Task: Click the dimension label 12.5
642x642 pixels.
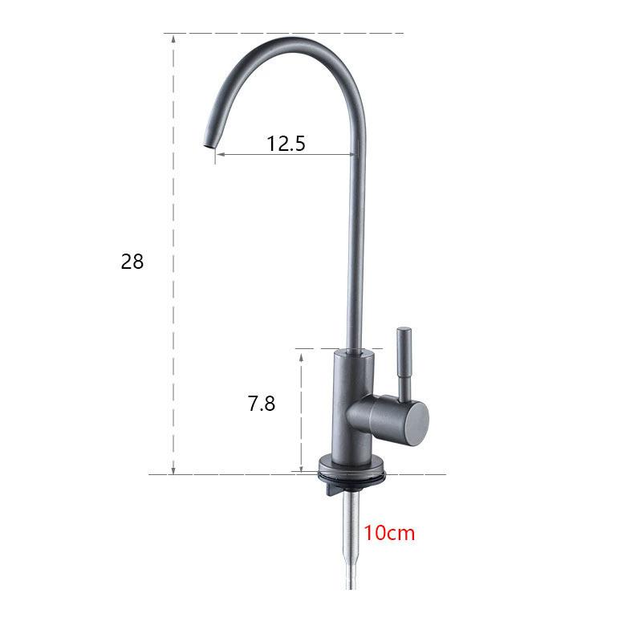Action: [286, 144]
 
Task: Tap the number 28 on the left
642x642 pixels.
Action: [132, 262]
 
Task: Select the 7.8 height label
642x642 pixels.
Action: [261, 404]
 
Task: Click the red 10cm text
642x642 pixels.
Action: [390, 533]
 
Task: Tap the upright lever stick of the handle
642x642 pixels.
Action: [403, 361]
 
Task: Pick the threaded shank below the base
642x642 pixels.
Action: [352, 514]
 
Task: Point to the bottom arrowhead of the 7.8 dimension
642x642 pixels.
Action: [301, 469]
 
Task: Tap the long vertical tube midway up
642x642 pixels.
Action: [354, 241]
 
